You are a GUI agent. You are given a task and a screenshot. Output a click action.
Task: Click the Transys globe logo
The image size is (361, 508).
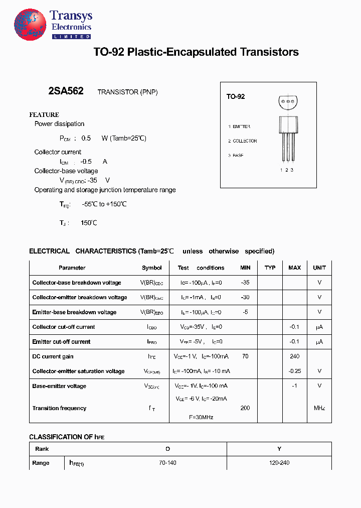[30, 25]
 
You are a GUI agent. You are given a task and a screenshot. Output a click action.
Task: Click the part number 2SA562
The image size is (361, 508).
[66, 91]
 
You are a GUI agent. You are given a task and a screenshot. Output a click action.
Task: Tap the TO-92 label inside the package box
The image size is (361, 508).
[235, 96]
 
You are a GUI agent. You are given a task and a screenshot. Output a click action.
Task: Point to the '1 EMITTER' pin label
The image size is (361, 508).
[239, 126]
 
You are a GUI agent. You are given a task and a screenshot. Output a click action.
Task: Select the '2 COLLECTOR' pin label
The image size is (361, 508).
[243, 141]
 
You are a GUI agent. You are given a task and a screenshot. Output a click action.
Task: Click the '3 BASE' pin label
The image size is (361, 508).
[236, 156]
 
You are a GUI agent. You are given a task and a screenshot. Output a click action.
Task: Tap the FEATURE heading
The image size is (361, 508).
[44, 114]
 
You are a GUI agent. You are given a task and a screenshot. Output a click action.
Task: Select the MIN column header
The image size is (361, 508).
[245, 268]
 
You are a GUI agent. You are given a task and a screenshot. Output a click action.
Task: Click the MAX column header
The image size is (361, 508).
[295, 268]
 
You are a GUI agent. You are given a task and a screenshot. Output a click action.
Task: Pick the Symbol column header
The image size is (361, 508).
[152, 268]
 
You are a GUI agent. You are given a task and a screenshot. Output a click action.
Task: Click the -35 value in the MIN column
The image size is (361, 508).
[245, 283]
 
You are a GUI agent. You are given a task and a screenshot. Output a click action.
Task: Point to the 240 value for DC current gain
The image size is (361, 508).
[295, 356]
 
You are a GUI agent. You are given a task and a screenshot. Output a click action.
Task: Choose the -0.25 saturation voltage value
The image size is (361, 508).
[295, 371]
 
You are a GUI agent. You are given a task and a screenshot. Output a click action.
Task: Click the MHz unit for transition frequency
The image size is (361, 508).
[319, 408]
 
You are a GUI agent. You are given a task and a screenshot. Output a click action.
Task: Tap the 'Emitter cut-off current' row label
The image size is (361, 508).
[61, 342]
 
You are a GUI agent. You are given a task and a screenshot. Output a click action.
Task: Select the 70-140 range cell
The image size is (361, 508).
[167, 463]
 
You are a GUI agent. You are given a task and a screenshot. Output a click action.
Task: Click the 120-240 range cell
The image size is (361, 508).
[279, 463]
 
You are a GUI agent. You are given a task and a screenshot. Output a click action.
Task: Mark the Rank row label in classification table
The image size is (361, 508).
[42, 449]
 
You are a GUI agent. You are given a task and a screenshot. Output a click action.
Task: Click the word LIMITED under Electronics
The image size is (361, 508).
[71, 37]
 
